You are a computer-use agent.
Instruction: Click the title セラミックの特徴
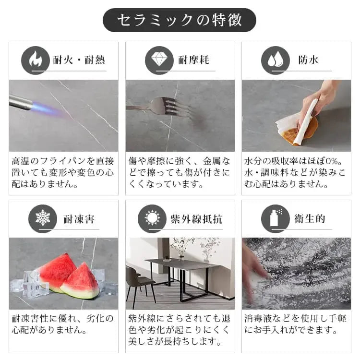pos(180,20)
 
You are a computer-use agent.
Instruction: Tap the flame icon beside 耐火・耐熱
pos(36,60)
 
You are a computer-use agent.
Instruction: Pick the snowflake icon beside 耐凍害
pos(43,218)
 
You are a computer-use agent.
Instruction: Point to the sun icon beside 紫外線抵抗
pos(152,218)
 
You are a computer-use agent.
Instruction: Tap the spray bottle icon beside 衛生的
pos(275,218)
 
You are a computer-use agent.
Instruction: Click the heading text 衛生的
pos(310,219)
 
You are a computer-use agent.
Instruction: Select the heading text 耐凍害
pos(79,219)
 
